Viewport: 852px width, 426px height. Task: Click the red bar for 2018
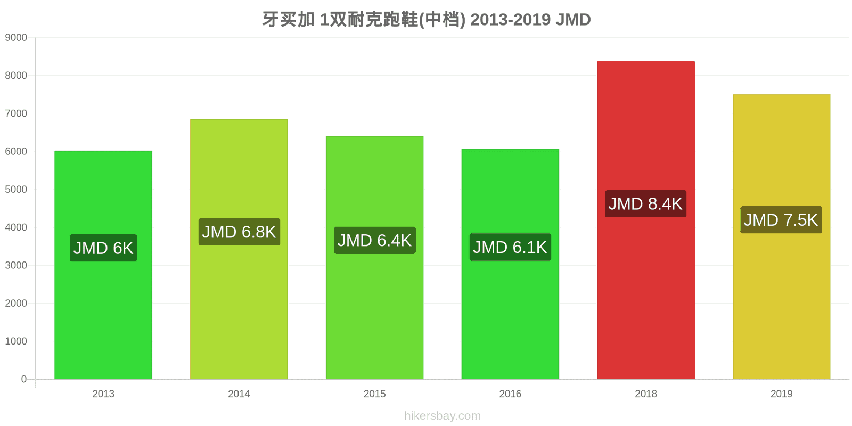646,220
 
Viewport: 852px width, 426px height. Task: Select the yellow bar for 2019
782,236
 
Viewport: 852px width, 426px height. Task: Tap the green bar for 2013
103,265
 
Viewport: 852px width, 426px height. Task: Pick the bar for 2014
239,249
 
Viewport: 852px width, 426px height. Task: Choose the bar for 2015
375,258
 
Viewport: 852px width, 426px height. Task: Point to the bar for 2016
511,264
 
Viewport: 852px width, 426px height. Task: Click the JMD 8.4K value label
646,204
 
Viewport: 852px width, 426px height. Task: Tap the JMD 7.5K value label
781,220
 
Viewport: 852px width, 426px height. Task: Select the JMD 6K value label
103,248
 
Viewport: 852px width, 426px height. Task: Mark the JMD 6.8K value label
239,232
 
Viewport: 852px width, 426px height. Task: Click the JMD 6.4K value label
375,240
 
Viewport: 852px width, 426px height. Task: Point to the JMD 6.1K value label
511,247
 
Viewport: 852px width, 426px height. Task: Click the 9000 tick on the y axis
16,37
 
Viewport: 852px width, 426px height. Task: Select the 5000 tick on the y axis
16,189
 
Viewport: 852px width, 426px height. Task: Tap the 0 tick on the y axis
23,379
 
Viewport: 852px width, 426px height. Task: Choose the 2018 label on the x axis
646,394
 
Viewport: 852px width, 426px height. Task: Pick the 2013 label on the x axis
103,394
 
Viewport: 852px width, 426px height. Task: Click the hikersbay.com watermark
443,416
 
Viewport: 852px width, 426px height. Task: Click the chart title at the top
426,20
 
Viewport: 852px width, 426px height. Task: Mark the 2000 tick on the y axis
16,303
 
